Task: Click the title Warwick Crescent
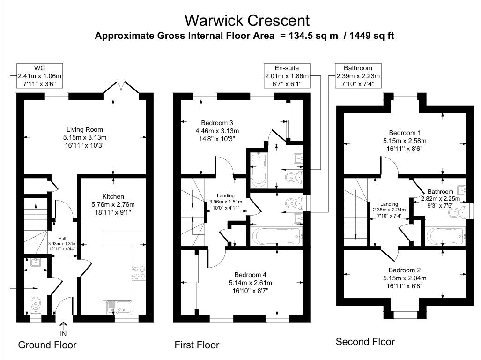[247, 20]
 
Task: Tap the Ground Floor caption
[47, 345]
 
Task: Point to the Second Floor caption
[365, 342]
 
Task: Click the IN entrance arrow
[64, 327]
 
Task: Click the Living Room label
[84, 129]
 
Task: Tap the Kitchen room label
[113, 196]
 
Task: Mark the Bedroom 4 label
[250, 275]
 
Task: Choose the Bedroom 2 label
[405, 270]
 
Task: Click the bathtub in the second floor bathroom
[444, 237]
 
